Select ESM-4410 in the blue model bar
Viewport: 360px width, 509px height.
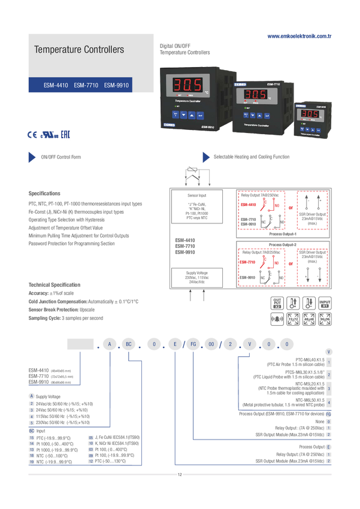(x=56, y=86)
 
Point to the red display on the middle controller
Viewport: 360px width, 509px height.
(x=255, y=95)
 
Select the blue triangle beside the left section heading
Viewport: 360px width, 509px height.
(x=32, y=157)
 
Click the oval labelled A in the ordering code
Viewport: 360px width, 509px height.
(x=110, y=344)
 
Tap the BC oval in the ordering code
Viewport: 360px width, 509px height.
(x=129, y=344)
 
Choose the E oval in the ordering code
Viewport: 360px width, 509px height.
(x=175, y=344)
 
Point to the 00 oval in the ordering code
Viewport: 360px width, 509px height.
(x=211, y=344)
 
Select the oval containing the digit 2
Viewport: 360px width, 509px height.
(x=230, y=344)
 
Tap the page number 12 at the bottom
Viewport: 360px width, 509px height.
(x=179, y=475)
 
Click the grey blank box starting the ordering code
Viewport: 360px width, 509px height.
(x=80, y=344)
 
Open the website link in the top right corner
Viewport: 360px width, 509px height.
(x=299, y=35)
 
